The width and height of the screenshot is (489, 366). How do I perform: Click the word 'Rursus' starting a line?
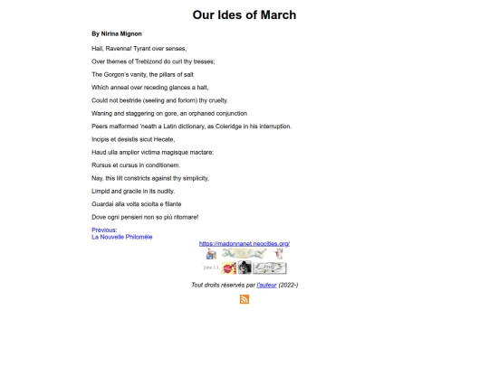(x=102, y=165)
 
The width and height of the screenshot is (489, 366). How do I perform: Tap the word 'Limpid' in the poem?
(x=101, y=192)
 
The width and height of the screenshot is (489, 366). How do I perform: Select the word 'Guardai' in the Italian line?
(x=105, y=204)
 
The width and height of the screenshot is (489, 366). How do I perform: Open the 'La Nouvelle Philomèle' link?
(x=122, y=237)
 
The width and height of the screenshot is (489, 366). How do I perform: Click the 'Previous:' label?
(x=104, y=230)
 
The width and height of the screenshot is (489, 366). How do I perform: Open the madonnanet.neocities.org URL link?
(x=244, y=244)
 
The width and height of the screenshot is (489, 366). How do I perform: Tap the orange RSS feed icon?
(x=244, y=300)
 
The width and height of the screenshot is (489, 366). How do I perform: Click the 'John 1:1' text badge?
(x=211, y=268)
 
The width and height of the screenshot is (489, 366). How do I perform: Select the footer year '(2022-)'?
(x=288, y=285)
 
